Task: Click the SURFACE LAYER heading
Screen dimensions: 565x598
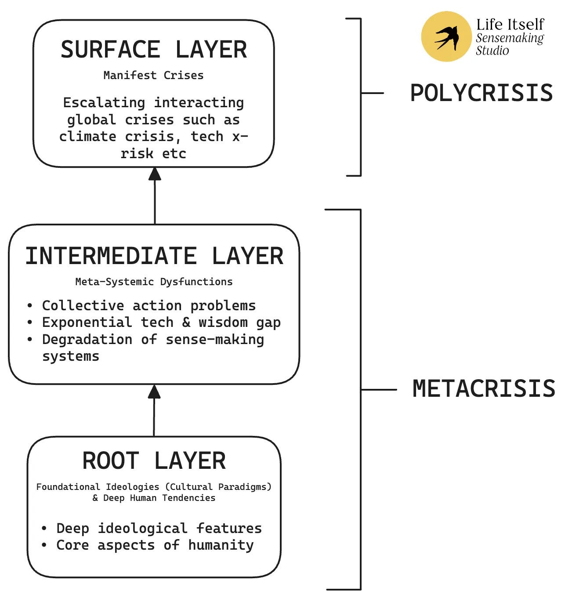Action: point(154,49)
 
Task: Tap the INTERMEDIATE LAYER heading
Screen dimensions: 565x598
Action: point(155,256)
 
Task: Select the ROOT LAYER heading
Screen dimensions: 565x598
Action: point(154,461)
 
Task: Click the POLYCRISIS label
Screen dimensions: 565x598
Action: point(482,93)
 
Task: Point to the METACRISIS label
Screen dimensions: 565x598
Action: point(484,389)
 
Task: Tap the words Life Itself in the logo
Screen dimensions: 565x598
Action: point(510,25)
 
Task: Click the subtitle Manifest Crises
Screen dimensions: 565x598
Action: point(154,75)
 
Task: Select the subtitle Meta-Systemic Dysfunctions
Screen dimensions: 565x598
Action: point(154,282)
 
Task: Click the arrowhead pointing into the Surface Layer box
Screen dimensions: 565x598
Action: point(155,174)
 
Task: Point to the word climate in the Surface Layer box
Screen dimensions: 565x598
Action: point(87,136)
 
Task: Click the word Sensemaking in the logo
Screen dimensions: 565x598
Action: point(510,38)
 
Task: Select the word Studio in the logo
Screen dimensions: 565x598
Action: point(493,50)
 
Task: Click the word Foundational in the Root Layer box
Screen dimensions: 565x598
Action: point(69,487)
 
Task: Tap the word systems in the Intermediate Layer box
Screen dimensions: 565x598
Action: point(71,356)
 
